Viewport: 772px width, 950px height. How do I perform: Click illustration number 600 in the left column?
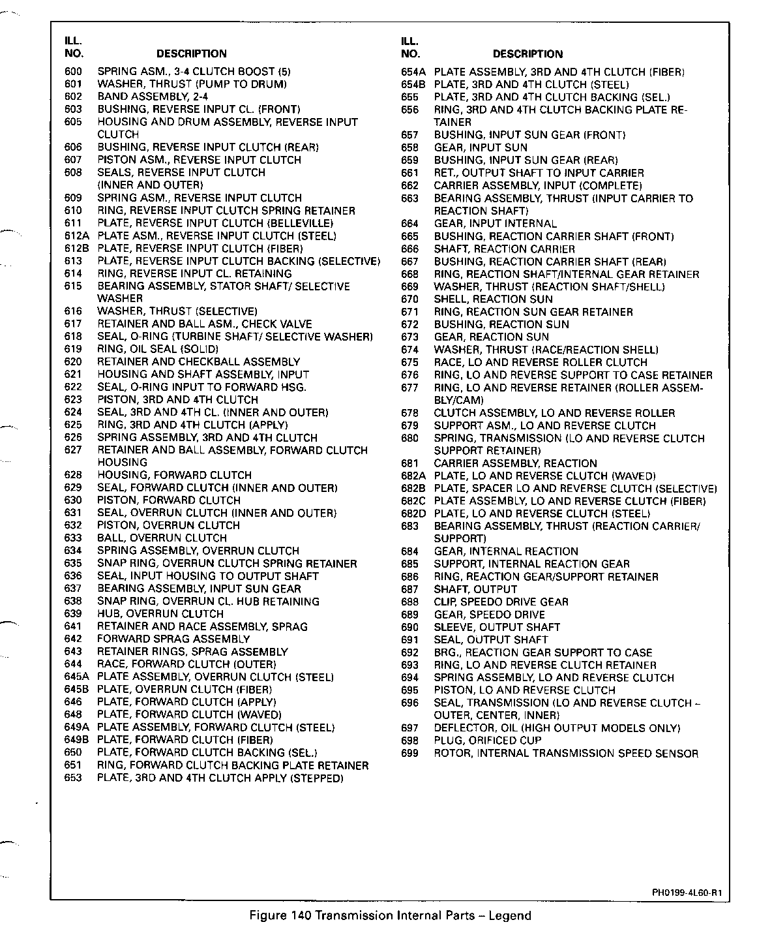coord(73,71)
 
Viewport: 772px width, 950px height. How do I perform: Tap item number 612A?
coord(76,236)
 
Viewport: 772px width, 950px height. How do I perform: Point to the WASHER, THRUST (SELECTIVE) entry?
coord(177,311)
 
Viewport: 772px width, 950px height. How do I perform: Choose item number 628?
coord(73,475)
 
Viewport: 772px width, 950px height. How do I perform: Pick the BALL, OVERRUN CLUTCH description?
coord(162,538)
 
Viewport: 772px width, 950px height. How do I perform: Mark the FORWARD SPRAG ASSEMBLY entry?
coord(173,639)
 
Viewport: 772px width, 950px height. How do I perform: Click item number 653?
coord(73,778)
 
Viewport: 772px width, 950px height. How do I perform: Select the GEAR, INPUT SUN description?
coord(481,147)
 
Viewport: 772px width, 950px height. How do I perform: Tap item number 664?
coord(409,223)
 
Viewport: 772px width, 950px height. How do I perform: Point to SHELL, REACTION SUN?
coord(493,299)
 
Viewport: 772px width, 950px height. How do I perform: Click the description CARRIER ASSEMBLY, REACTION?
coord(515,463)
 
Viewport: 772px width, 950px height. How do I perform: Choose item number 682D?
coord(413,513)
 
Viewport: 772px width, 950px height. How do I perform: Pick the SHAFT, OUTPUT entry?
coord(475,589)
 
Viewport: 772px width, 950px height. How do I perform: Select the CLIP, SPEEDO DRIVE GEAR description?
coord(501,602)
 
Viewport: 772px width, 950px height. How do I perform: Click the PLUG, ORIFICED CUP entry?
coord(488,741)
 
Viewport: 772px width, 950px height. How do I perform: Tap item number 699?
coord(409,754)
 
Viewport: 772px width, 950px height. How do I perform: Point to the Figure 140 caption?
coord(391,915)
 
